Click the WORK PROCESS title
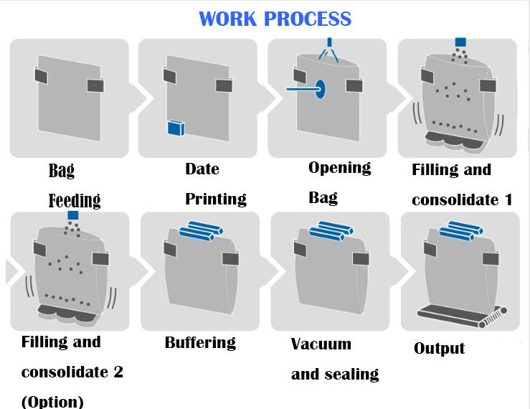coord(275,18)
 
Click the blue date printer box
coord(176,128)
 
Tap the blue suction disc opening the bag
coord(321,89)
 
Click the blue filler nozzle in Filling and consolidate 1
coord(460,42)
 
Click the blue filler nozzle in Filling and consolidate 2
coord(72,215)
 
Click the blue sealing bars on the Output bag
coord(462,230)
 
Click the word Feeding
coord(75,199)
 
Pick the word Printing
coord(215,198)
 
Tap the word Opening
coord(339,167)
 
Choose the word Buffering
coord(200,342)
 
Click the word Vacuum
coord(321,344)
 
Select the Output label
coord(439,349)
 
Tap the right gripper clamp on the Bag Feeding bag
coord(95,86)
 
